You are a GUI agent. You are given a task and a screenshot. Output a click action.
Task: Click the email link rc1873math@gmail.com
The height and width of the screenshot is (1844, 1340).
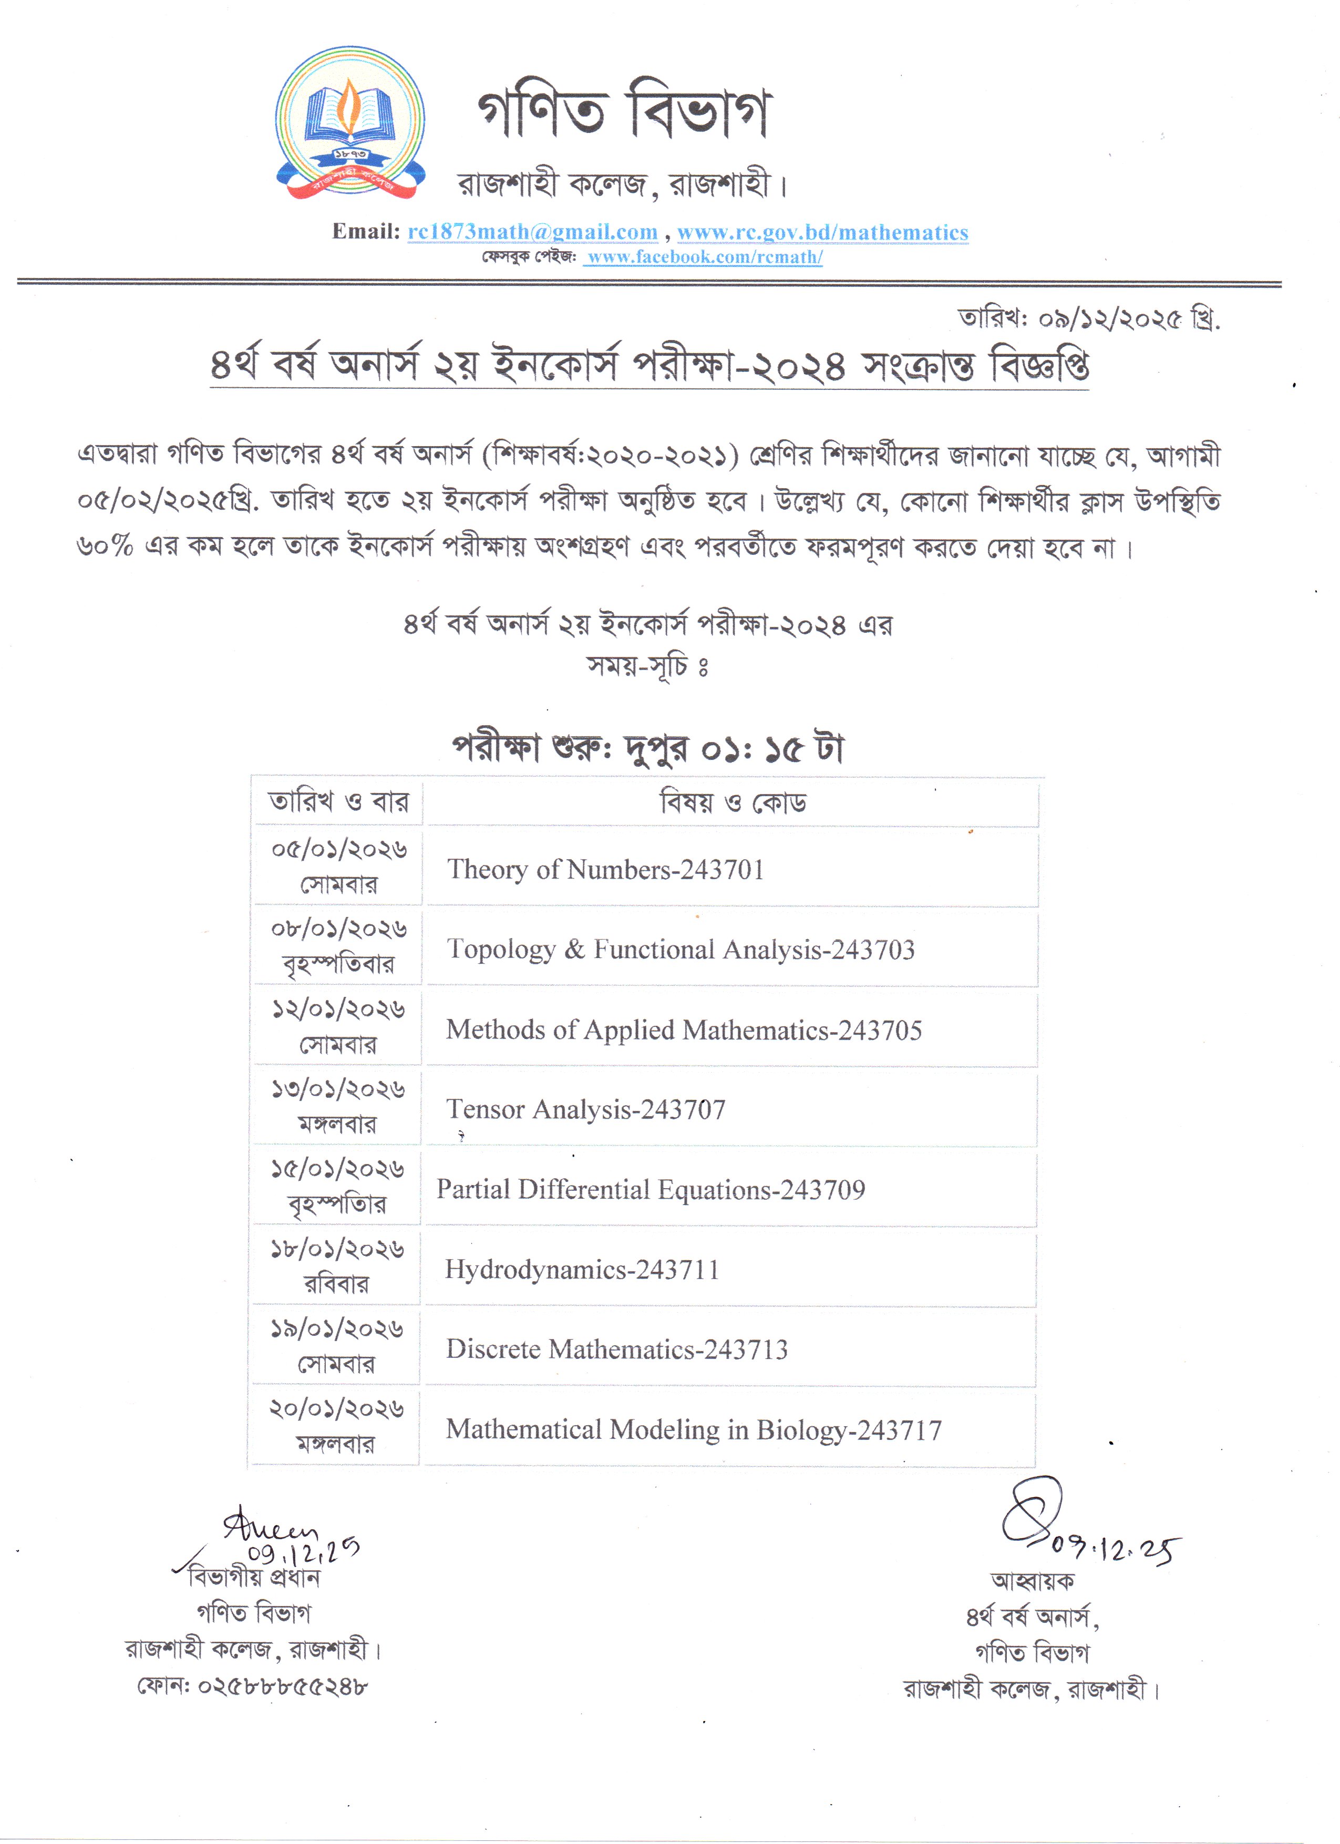(x=533, y=232)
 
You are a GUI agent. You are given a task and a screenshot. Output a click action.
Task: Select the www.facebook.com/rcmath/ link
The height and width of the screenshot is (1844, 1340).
(x=704, y=257)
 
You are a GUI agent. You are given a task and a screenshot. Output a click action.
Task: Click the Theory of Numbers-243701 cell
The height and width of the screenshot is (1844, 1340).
(x=606, y=869)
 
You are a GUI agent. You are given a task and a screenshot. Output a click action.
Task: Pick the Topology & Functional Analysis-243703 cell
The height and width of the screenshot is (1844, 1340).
(x=681, y=950)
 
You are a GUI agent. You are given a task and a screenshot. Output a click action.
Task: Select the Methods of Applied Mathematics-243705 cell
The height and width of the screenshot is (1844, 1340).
(x=684, y=1030)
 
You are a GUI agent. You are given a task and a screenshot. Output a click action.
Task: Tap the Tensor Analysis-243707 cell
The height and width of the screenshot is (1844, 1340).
(x=585, y=1109)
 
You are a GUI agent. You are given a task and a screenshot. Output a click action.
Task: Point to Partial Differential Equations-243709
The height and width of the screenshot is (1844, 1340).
(x=651, y=1190)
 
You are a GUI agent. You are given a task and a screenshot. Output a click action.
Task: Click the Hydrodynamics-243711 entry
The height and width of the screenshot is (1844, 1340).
(x=581, y=1269)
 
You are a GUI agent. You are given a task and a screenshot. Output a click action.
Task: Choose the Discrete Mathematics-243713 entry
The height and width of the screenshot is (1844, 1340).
(x=616, y=1349)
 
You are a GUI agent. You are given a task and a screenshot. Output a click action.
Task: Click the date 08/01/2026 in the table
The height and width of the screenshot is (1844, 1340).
(x=339, y=929)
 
